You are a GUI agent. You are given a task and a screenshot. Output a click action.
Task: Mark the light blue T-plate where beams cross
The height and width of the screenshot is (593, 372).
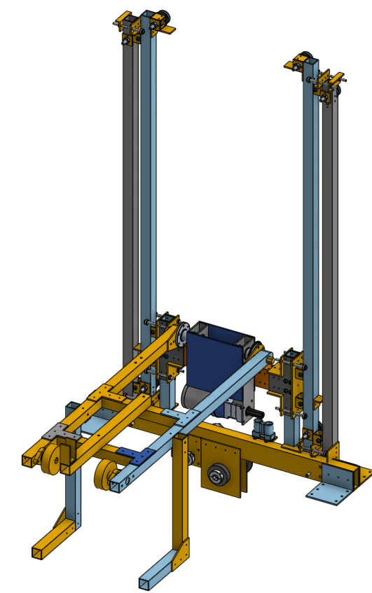coord(184,421)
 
